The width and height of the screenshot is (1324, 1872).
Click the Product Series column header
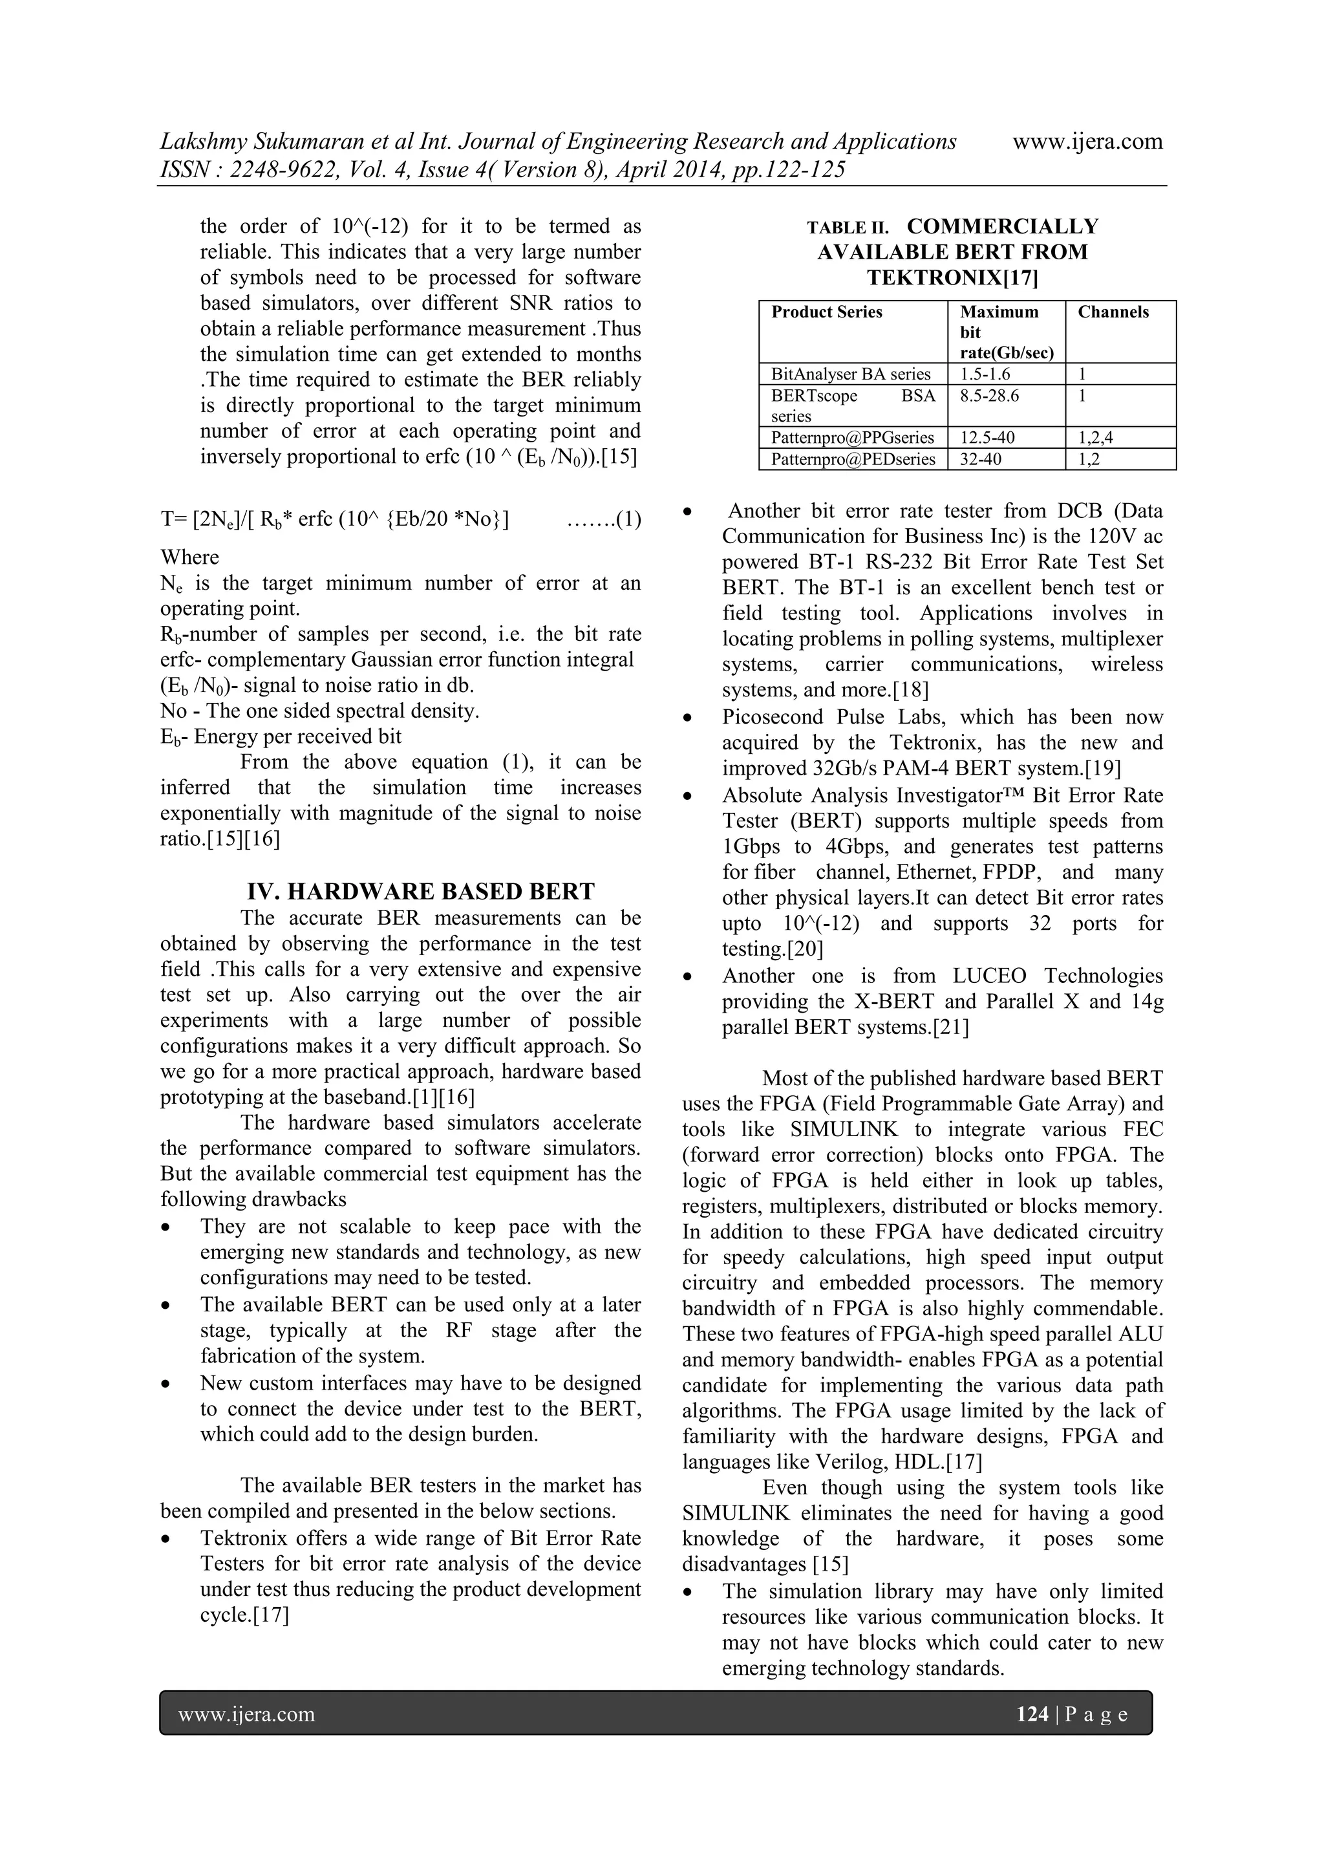pos(827,312)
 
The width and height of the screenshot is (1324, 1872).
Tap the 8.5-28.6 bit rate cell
pos(989,396)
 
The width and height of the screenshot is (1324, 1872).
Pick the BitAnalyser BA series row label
pos(850,374)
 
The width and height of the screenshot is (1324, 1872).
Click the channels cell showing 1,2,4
pos(1095,438)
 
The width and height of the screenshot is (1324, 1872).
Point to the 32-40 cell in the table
pos(981,459)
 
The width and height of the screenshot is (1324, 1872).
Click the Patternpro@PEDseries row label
pos(853,459)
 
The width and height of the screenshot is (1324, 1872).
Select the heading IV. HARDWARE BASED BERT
pos(421,890)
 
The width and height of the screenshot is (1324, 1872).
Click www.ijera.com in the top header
pos(1087,141)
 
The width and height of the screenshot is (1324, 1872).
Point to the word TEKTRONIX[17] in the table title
pos(952,278)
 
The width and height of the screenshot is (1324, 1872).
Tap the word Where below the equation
pos(190,557)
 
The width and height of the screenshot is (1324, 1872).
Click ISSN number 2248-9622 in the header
pos(275,169)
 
